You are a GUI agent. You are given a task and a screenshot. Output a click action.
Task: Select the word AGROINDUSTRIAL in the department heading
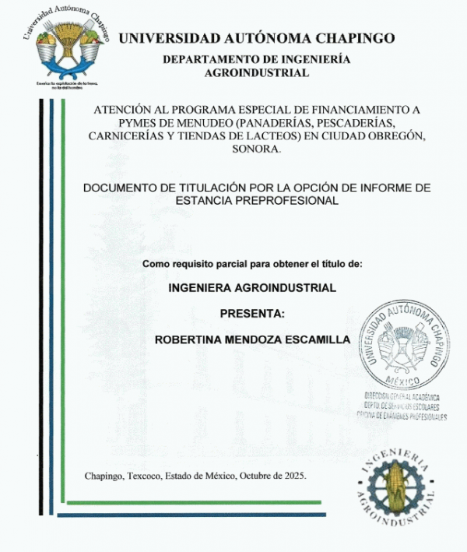[256, 72]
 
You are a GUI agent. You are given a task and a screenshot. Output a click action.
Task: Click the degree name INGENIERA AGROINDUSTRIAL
[252, 287]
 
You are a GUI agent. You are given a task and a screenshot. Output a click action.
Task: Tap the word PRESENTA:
[252, 314]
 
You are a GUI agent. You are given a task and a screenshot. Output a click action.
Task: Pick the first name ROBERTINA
[188, 339]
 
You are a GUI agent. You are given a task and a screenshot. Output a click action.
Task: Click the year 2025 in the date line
[295, 475]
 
